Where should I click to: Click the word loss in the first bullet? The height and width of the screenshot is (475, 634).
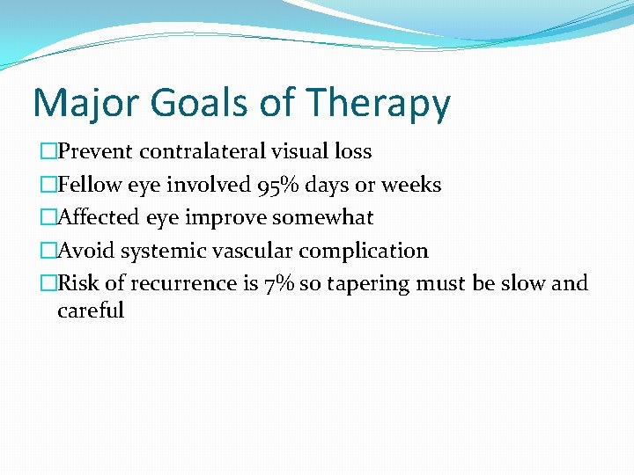click(352, 151)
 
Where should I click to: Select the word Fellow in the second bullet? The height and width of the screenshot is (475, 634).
click(86, 185)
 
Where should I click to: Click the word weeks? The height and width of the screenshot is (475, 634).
click(411, 185)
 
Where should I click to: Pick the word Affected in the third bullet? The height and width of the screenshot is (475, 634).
click(94, 217)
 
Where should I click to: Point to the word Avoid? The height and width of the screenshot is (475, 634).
click(85, 251)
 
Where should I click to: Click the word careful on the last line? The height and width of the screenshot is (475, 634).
click(91, 311)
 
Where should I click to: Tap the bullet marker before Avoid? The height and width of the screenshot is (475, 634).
click(48, 252)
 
